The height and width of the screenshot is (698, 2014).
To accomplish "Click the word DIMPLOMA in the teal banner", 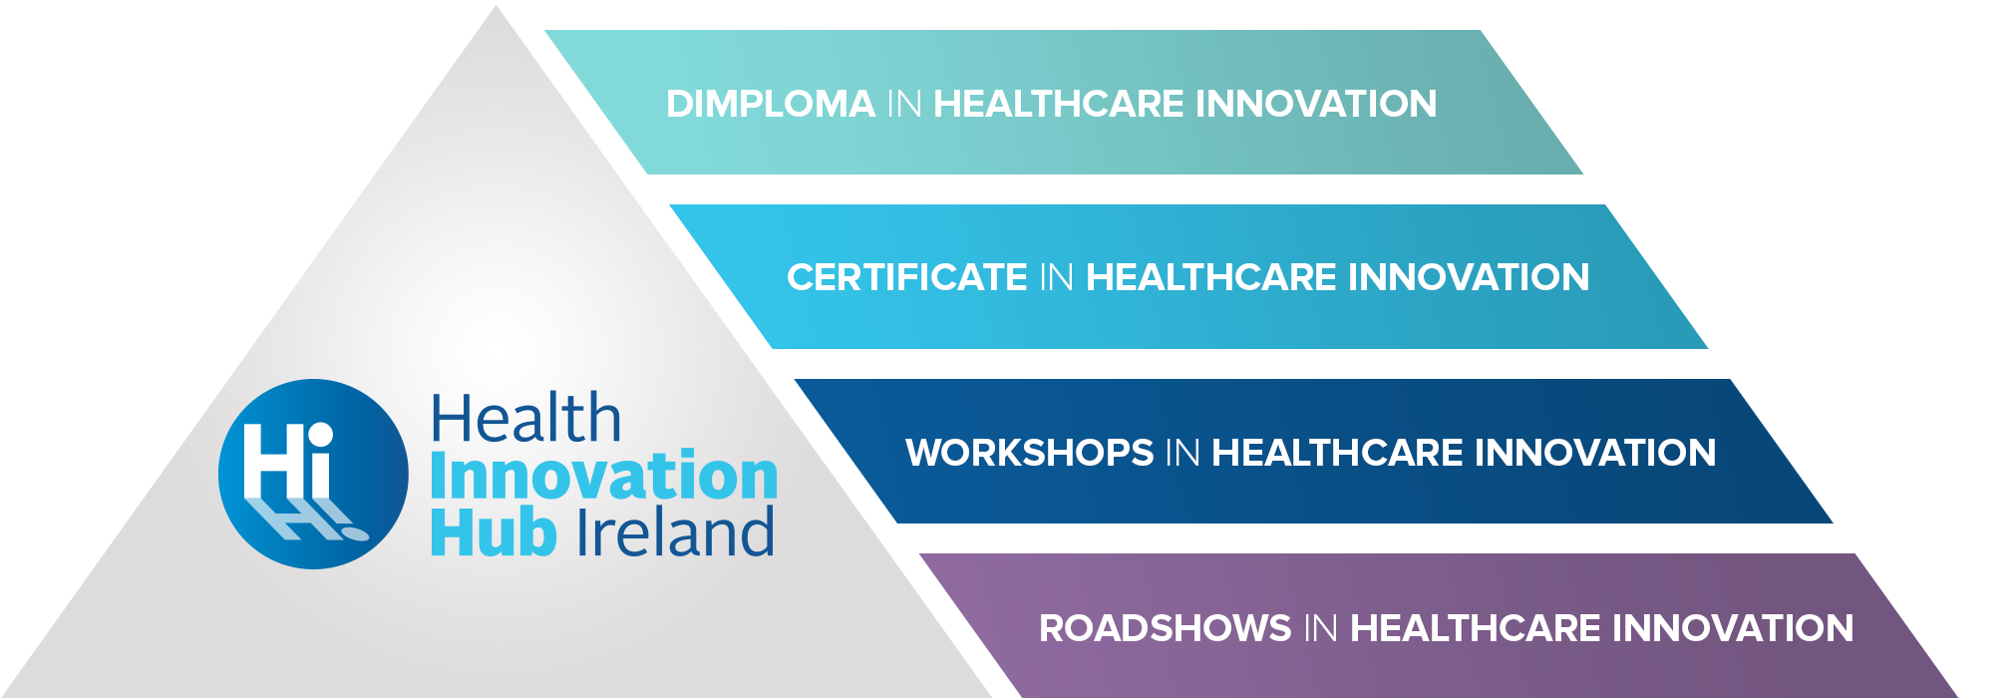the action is tap(771, 104).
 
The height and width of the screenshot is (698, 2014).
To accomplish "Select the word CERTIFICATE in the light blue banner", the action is tap(907, 277).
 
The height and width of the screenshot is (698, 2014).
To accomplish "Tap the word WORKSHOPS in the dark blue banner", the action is tap(1030, 453).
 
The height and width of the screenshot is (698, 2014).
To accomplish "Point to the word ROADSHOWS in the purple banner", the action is tap(1166, 628).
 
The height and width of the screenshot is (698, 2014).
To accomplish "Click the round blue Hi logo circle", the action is tap(313, 474).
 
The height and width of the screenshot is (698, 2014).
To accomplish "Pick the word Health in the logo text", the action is tap(525, 418).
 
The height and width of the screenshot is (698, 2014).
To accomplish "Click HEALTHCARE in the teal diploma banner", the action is tap(1058, 104).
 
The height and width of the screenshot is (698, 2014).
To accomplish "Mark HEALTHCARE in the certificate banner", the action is tap(1210, 277).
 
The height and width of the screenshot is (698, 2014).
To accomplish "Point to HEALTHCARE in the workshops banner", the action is tap(1337, 453).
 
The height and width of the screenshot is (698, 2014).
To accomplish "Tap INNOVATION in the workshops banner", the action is tap(1595, 453).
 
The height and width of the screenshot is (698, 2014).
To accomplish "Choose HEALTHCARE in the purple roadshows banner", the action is tap(1475, 628).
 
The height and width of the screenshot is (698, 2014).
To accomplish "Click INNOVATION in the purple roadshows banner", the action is tap(1733, 628).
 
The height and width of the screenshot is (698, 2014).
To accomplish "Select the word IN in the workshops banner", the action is tap(1182, 453).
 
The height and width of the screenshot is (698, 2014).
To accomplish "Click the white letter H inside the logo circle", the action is tap(272, 461).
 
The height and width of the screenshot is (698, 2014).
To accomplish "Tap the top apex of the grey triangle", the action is tap(496, 7).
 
